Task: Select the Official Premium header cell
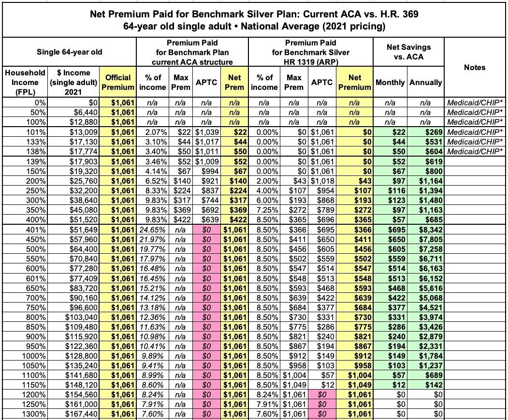[117, 82]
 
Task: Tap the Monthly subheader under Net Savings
[390, 82]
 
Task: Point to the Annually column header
[425, 82]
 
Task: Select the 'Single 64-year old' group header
[70, 52]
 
